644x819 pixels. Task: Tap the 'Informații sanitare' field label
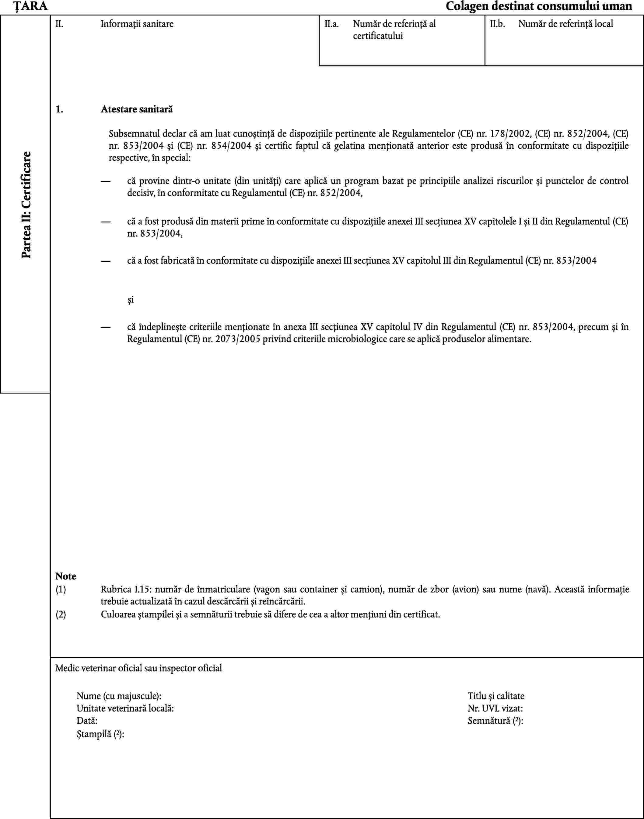pos(137,24)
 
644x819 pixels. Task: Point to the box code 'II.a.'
pos(331,24)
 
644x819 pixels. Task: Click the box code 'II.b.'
pos(497,24)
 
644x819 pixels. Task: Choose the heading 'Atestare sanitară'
pos(136,109)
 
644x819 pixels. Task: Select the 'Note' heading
pos(66,576)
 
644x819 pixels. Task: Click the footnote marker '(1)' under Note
pos(61,589)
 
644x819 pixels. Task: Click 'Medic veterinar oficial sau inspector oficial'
pos(138,668)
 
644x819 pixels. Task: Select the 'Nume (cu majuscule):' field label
pos(119,696)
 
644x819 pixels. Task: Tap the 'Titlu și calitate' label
pos(496,696)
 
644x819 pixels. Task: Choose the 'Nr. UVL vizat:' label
pos(495,708)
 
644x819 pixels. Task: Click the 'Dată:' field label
pos(87,721)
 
